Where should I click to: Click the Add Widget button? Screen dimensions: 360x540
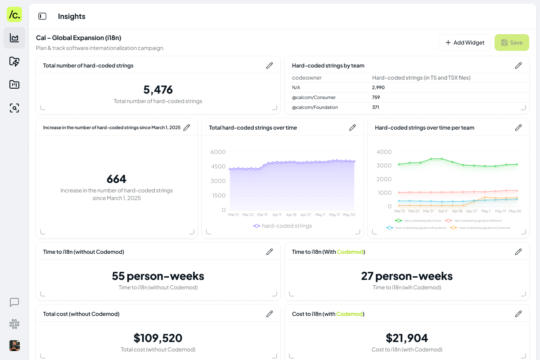[x=464, y=43]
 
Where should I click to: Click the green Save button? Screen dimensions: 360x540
[x=512, y=43]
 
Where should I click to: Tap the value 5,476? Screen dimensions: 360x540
[x=158, y=90]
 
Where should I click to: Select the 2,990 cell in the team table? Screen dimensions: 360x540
[x=378, y=87]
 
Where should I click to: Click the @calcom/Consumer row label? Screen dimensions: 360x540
[x=314, y=97]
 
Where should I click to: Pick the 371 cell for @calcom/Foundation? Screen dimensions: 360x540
[x=375, y=107]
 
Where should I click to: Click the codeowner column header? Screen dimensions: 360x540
[x=306, y=78]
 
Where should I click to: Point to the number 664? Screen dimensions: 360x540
[x=117, y=179]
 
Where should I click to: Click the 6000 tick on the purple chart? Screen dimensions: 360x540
[x=218, y=152]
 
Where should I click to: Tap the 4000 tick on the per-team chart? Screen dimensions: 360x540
[x=384, y=152]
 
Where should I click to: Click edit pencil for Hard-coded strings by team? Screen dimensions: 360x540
[x=518, y=66]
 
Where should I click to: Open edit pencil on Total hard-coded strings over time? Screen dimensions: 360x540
[x=352, y=128]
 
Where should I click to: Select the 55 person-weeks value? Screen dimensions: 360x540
[x=158, y=276]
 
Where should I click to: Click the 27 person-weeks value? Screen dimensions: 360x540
[x=407, y=276]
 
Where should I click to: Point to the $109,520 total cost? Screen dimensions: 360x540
[x=158, y=338]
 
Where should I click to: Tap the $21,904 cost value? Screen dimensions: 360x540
[x=407, y=338]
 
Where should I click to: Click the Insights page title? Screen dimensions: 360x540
[x=72, y=17]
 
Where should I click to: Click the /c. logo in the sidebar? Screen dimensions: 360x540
[x=14, y=14]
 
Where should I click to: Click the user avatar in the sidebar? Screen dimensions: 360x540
[x=14, y=346]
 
